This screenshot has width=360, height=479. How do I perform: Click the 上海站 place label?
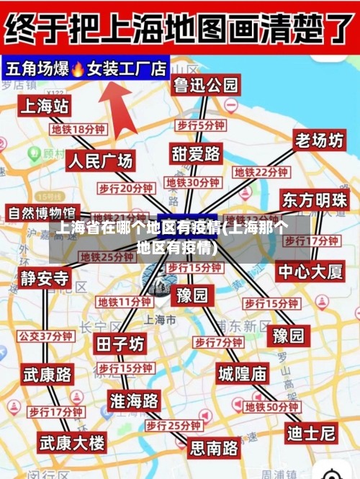[45, 107]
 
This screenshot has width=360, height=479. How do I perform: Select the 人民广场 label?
[101, 161]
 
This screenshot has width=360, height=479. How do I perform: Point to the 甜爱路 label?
[196, 153]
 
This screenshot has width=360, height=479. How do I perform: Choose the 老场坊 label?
[319, 140]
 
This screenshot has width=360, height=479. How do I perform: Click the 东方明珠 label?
[315, 200]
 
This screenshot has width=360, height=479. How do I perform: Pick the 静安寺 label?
[45, 278]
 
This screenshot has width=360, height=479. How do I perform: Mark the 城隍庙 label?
[243, 373]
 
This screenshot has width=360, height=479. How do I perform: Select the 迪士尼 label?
[311, 433]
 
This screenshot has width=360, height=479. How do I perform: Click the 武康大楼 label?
[72, 441]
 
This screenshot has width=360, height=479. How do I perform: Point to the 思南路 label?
[214, 448]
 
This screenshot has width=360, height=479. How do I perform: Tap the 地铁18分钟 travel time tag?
[78, 130]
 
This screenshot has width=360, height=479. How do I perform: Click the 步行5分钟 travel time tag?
[201, 125]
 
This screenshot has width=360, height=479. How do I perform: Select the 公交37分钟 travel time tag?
[45, 336]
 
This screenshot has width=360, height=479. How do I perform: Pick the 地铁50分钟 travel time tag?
[272, 407]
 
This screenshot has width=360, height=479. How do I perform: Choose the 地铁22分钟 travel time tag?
[261, 172]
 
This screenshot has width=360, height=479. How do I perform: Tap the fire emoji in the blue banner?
[78, 69]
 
